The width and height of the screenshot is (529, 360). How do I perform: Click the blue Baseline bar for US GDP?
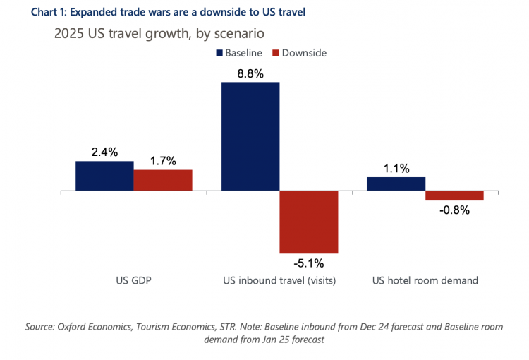pyautogui.click(x=104, y=176)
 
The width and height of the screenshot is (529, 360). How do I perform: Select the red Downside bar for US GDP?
pyautogui.click(x=163, y=181)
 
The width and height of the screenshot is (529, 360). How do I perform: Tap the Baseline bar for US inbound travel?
pyautogui.click(x=250, y=136)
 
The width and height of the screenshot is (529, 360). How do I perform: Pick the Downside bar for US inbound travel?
pyautogui.click(x=309, y=222)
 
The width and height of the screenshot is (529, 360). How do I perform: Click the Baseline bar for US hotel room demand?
pyautogui.click(x=396, y=184)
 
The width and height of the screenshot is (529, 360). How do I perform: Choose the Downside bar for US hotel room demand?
pyautogui.click(x=454, y=196)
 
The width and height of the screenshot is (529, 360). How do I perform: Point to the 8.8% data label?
pyautogui.click(x=250, y=72)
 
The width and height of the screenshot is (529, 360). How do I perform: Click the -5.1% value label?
pyautogui.click(x=309, y=263)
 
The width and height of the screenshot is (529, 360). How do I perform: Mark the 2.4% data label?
pyautogui.click(x=104, y=151)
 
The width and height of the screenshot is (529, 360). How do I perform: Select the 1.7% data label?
pyautogui.click(x=163, y=160)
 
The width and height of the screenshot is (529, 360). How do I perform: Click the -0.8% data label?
pyautogui.click(x=455, y=210)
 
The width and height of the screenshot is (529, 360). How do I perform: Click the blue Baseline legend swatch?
pyautogui.click(x=219, y=53)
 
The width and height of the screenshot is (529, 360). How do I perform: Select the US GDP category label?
pyautogui.click(x=134, y=280)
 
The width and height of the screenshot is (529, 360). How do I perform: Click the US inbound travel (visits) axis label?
pyautogui.click(x=279, y=280)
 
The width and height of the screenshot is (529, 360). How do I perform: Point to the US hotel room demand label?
pyautogui.click(x=425, y=280)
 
